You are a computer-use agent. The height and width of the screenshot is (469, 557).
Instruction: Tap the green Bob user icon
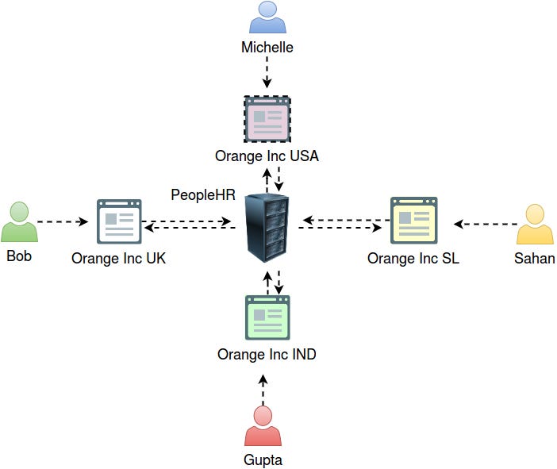point(19,223)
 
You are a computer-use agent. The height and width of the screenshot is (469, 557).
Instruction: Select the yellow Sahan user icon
point(535,225)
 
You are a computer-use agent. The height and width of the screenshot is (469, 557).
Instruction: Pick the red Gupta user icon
point(263,426)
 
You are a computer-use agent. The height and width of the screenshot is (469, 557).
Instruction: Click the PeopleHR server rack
point(267,229)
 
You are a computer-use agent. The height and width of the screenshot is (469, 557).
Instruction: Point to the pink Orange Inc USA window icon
point(267,119)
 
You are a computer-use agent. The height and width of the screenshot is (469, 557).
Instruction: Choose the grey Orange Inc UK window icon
point(118,221)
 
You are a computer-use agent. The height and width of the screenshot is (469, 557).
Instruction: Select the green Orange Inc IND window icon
point(267,317)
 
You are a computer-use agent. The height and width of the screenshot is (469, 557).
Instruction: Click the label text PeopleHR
point(203,195)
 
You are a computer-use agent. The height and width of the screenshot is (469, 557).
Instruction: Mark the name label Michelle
point(267,48)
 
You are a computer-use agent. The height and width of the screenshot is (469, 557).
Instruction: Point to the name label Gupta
point(263,459)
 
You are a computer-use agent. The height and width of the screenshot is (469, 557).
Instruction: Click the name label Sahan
point(535,258)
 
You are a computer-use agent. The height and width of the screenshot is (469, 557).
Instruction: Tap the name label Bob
point(19,256)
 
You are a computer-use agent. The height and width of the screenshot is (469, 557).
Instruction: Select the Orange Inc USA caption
point(267,156)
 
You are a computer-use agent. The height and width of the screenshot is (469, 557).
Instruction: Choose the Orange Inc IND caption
point(267,354)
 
